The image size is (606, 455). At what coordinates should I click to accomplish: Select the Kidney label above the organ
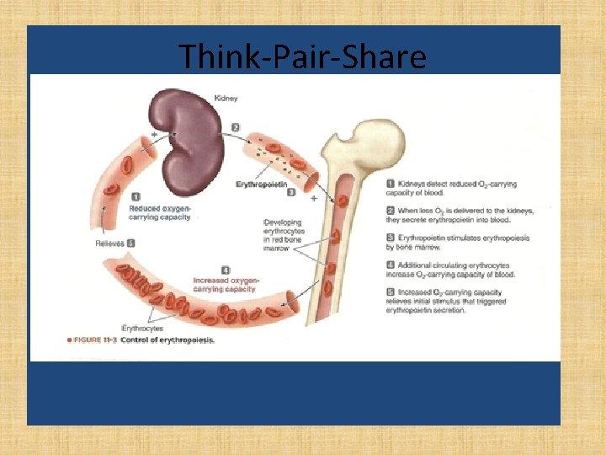point(226,99)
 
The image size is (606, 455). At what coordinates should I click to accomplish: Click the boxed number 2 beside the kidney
point(236,127)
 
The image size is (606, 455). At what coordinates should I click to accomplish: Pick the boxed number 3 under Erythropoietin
point(290,192)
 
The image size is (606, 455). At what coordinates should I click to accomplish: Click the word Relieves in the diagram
point(109,244)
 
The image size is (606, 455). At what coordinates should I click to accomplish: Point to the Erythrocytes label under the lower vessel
point(143,328)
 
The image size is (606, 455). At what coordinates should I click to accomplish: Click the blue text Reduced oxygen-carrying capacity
point(159,211)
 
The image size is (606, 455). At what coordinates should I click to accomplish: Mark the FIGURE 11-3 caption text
point(141,340)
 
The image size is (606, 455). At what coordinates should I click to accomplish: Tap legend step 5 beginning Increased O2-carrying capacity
point(454,299)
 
